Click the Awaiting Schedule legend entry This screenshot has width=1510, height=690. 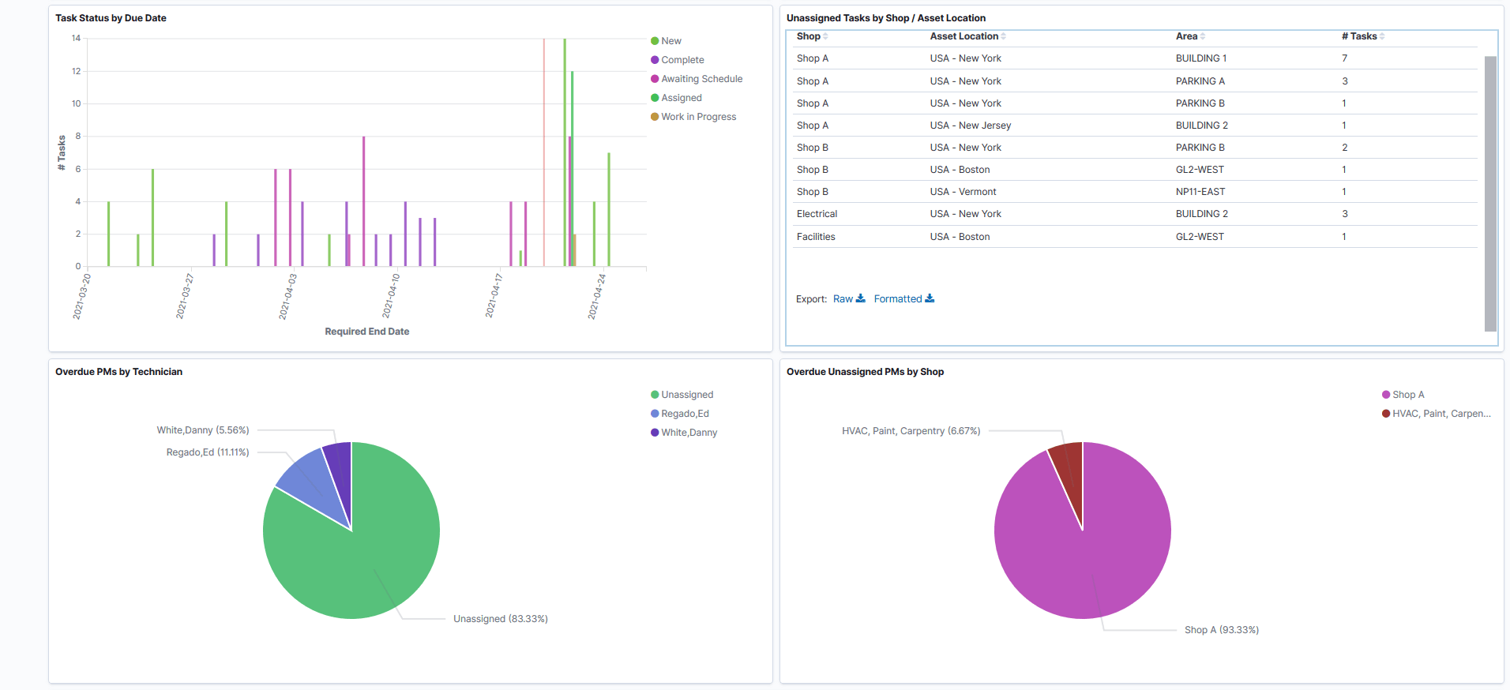pos(701,79)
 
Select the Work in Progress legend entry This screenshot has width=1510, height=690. pos(698,117)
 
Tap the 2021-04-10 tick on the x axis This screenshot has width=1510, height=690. pos(392,296)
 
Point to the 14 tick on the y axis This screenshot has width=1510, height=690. pos(76,38)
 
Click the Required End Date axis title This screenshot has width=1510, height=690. pos(366,332)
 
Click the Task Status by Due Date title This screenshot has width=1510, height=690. pos(111,18)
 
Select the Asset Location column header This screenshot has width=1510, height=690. pos(963,36)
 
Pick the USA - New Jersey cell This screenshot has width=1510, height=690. pos(970,126)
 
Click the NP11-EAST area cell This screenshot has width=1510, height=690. pos(1200,192)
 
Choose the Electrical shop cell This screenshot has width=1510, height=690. pos(817,214)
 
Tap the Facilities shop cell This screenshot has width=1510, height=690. pos(816,237)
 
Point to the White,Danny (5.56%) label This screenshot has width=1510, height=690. pos(203,430)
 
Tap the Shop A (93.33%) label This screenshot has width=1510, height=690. pos(1221,630)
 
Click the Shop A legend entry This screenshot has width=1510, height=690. pos(1407,395)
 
